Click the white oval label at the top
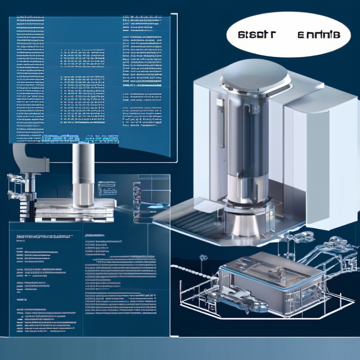click(288, 35)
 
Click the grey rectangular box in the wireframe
click(272, 277)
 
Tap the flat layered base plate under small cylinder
click(75, 209)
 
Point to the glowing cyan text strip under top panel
click(80, 138)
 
